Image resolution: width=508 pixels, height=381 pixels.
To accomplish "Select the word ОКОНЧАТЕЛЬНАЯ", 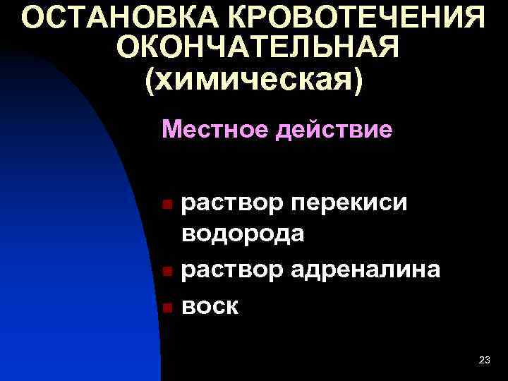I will point(258,47).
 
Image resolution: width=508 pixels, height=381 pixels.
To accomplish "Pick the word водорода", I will point(243,233).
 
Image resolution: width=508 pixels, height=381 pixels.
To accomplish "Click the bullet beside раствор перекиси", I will point(167,205).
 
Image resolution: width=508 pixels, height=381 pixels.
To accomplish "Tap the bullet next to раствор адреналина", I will point(167,270).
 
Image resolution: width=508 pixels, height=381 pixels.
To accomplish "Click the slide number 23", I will point(484,361).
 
